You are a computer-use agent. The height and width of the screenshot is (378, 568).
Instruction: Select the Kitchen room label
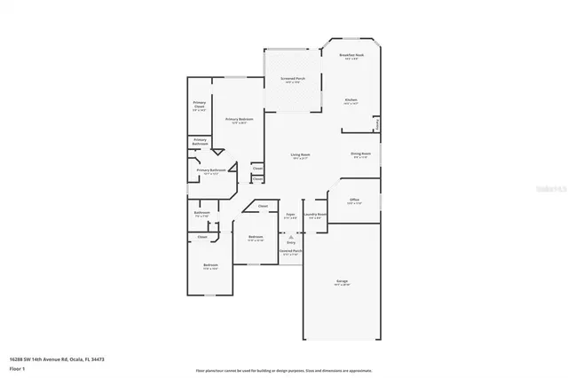click(351, 100)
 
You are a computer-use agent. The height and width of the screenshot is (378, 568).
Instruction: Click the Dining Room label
click(359, 154)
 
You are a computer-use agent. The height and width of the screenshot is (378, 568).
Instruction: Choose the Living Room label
click(300, 156)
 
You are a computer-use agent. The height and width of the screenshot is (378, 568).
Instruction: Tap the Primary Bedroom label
click(238, 120)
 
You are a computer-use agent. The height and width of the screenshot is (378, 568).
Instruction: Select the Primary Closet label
click(200, 106)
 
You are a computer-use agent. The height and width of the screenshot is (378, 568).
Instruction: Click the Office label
click(353, 201)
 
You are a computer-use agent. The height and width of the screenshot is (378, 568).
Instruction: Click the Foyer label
click(290, 215)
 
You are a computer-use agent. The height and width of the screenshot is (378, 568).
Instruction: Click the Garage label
click(342, 282)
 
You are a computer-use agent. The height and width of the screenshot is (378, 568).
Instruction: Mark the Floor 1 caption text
click(18, 368)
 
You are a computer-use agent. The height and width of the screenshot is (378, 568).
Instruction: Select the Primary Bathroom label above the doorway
click(200, 140)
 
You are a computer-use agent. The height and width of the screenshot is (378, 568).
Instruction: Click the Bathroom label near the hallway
click(201, 214)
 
